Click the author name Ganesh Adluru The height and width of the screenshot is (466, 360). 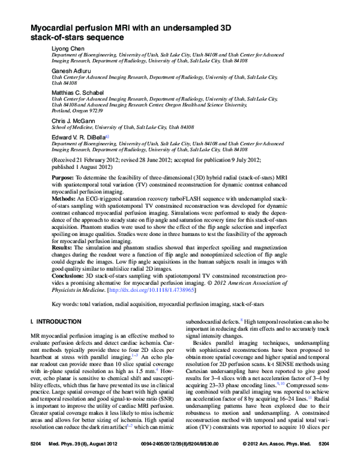(x=70, y=71)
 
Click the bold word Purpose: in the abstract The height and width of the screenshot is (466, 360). (x=63, y=179)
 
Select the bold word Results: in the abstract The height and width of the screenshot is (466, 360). (x=62, y=246)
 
